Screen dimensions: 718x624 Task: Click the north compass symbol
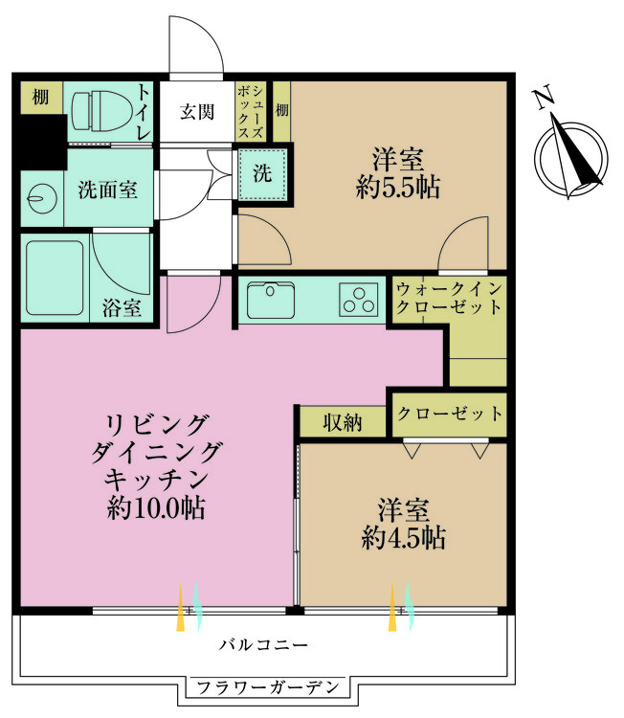click(570, 152)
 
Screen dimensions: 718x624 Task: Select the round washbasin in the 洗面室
click(39, 197)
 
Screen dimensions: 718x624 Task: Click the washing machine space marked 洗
click(261, 173)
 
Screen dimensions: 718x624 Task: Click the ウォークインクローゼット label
click(448, 298)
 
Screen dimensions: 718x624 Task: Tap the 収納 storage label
click(342, 421)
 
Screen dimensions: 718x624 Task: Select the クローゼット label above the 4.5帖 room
click(448, 414)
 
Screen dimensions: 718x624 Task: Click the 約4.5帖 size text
click(402, 539)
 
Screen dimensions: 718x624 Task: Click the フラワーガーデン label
click(264, 687)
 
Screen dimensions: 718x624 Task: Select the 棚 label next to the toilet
click(39, 96)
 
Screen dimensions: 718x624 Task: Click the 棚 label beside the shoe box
click(281, 111)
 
